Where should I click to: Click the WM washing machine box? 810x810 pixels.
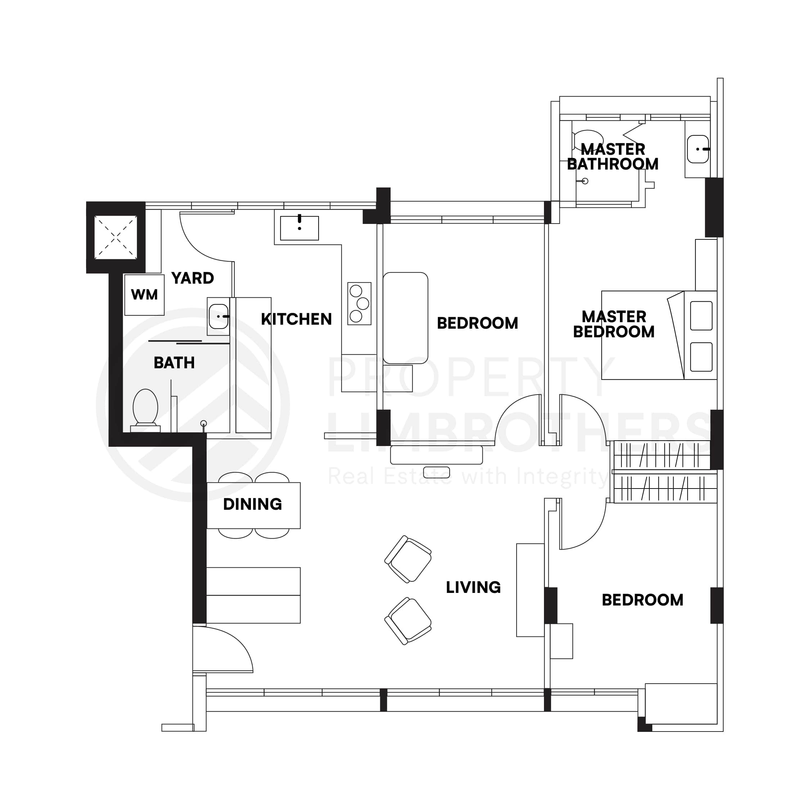point(145,295)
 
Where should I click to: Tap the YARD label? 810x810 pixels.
point(193,278)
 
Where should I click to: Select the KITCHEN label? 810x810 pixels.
point(296,319)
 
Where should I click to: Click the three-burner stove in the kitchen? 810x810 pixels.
point(360,304)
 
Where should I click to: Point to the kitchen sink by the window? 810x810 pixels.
point(300,229)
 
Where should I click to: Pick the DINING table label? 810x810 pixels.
point(253,504)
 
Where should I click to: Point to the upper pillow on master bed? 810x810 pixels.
point(701,316)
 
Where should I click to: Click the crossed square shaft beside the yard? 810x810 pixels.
point(116,237)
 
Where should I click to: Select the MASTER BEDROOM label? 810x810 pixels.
point(614,324)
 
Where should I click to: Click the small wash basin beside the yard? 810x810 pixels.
point(219,316)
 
